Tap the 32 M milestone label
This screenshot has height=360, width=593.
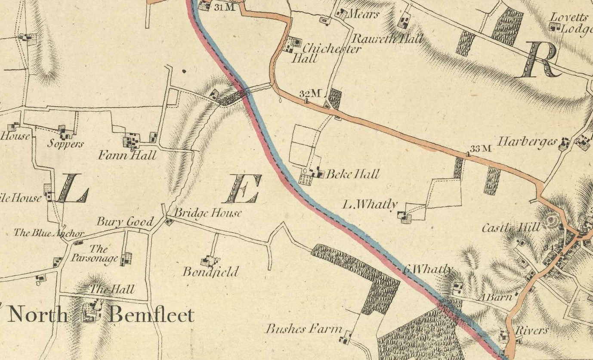coord(311,93)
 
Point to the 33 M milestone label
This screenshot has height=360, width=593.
coord(480,149)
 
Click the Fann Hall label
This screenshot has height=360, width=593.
coord(127,155)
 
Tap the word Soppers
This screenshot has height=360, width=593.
coord(65,144)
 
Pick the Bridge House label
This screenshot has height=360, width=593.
coord(208,213)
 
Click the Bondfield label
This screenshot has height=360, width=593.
coord(210,272)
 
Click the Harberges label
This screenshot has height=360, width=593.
coord(528,142)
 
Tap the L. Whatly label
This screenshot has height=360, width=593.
coord(370,205)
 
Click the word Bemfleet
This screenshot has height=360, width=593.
coord(151,315)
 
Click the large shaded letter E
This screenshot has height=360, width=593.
coord(243,189)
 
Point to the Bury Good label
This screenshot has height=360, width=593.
coord(124,222)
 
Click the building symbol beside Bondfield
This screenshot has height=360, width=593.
coord(210,261)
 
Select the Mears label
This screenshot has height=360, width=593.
coord(364,14)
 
